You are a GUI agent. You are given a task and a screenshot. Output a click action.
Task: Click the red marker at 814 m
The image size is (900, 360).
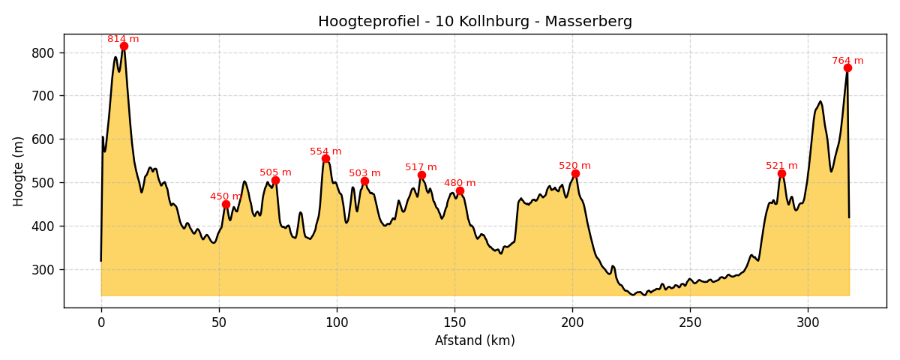[124, 46]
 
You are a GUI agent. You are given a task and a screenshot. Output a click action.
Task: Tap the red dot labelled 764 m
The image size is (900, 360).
[847, 68]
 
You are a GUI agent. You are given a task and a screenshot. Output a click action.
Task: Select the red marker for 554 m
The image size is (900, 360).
[325, 159]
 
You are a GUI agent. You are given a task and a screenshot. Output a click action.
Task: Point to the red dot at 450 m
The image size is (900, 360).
[226, 204]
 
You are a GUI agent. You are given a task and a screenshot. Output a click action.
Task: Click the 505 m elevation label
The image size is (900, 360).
[275, 172]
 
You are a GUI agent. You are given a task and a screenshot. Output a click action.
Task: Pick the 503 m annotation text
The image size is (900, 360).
[364, 173]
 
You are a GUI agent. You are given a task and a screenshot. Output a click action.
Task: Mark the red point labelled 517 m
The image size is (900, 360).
[421, 175]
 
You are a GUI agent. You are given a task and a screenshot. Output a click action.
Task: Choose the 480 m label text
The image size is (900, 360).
[460, 183]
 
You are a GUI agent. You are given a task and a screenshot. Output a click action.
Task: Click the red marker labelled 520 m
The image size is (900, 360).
[575, 174]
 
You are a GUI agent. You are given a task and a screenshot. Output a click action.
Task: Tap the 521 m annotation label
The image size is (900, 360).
[781, 166]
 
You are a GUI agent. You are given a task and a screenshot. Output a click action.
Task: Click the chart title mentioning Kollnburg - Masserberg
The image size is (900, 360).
[475, 22]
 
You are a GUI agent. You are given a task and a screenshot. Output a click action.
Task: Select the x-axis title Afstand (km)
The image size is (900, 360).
[475, 340]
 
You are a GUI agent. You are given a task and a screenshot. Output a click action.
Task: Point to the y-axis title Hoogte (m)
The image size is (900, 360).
[19, 171]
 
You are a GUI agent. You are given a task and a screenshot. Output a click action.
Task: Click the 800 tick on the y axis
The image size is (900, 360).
[43, 52]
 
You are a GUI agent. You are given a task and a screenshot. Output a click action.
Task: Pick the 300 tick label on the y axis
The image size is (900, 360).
[43, 269]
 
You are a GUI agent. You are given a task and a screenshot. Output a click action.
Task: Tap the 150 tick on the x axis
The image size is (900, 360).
[454, 322]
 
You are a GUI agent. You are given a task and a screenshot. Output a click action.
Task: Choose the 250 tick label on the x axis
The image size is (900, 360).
[690, 322]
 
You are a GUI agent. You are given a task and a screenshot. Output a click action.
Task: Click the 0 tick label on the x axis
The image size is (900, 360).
[101, 322]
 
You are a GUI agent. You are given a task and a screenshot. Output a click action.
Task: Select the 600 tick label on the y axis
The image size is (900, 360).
[43, 139]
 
